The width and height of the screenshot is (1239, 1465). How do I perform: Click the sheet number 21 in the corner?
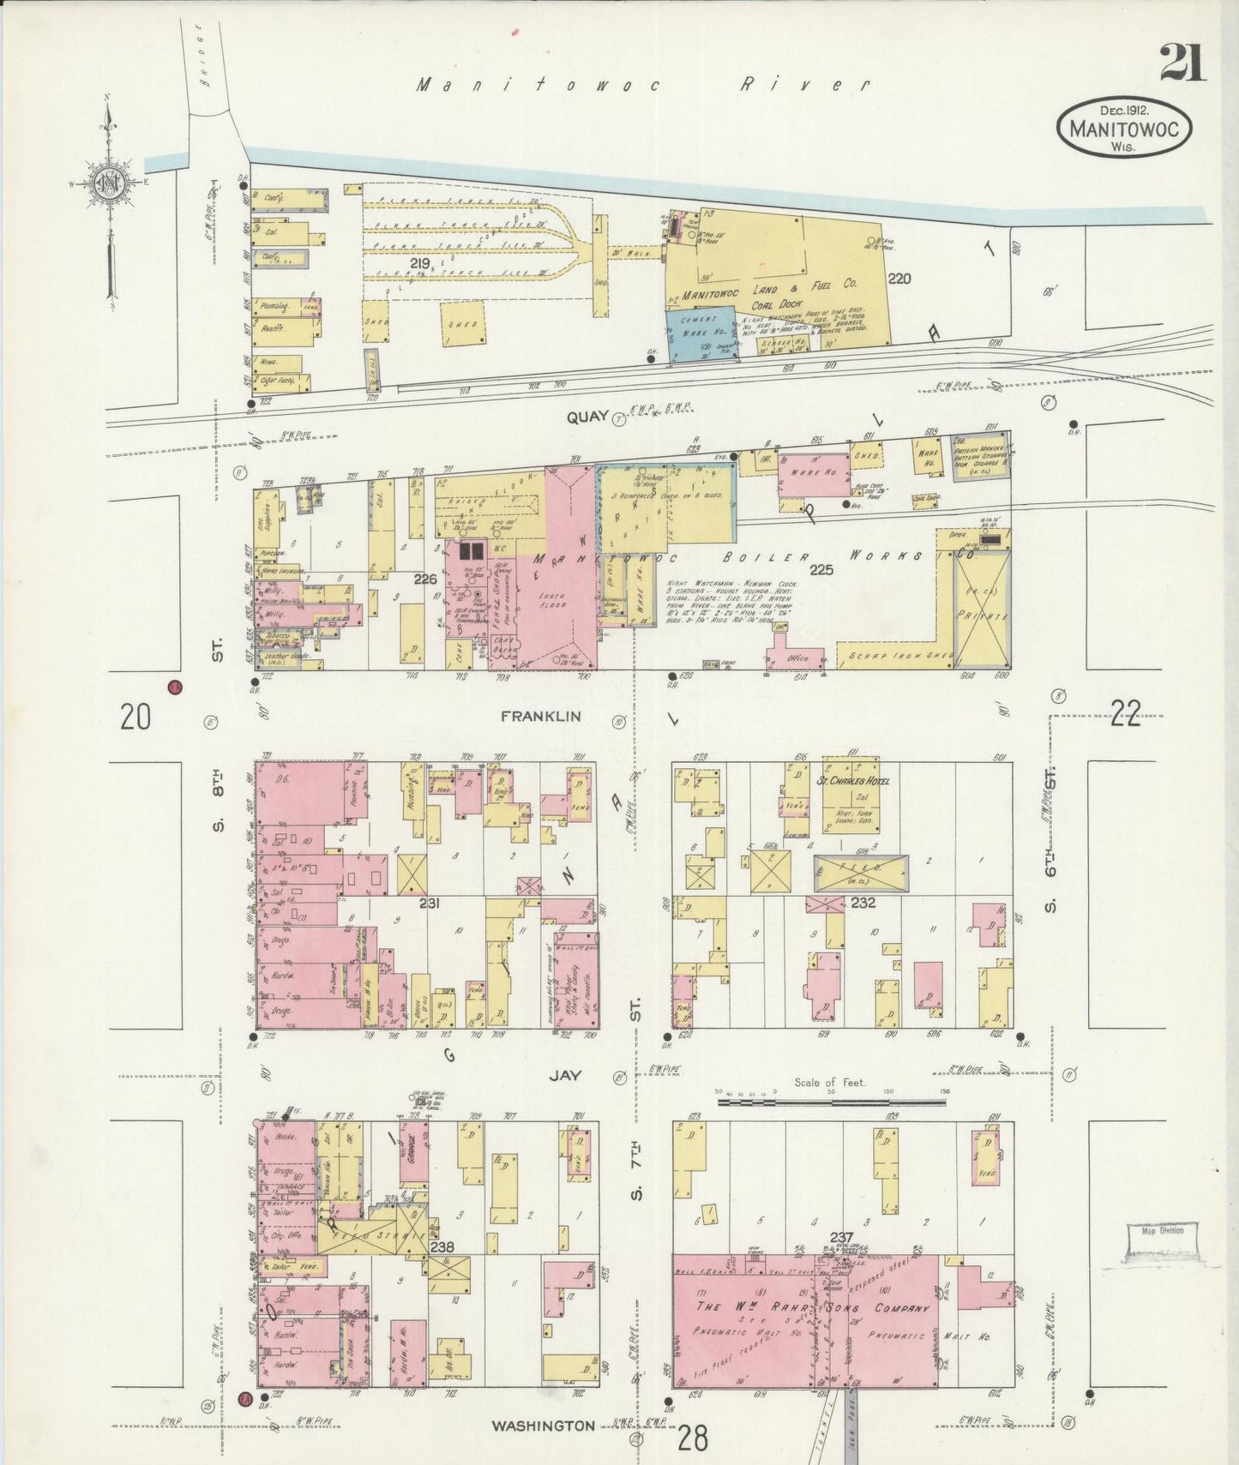coord(1182,62)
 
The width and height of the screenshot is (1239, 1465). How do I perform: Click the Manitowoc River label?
coord(643,84)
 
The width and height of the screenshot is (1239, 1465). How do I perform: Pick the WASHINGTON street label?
coord(543,1426)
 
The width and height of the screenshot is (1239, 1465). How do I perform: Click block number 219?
coord(419,264)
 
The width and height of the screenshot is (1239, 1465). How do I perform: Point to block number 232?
coord(863,903)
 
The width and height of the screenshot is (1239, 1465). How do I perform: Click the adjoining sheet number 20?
coord(135,716)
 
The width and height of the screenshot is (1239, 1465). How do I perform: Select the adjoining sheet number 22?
coord(1125,713)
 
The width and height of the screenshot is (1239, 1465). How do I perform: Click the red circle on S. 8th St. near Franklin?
coord(175,687)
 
